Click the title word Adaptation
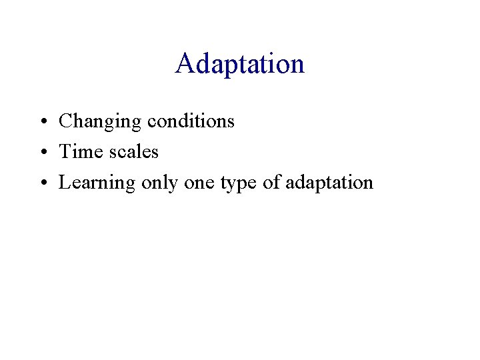[x=240, y=64]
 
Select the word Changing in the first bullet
[x=100, y=121]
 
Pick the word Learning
[x=97, y=183]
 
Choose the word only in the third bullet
[x=159, y=183]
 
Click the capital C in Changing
[x=65, y=121]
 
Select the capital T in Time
[x=65, y=152]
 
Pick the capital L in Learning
[x=65, y=183]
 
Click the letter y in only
[x=172, y=185]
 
